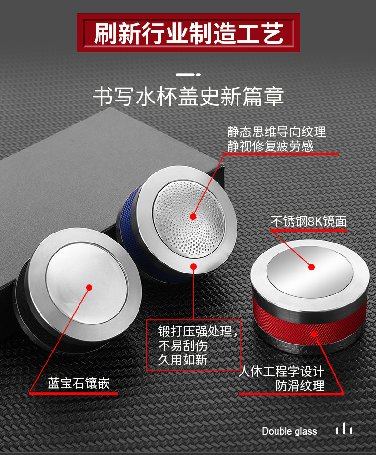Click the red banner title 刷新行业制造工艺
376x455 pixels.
188,33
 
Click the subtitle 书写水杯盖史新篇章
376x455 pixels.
188,96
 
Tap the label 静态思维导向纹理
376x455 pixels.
276,132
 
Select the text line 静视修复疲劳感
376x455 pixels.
270,146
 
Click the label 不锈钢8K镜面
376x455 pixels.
308,222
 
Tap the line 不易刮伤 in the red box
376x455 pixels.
183,345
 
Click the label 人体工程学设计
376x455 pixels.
281,371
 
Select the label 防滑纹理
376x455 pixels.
300,385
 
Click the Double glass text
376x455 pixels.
289,431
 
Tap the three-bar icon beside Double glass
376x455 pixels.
344,429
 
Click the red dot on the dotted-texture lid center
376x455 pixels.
193,216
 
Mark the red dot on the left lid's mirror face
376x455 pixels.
89,287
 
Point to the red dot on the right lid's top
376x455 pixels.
311,267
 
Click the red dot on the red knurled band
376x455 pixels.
314,334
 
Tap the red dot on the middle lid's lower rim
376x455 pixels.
194,266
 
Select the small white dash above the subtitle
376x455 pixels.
188,74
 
